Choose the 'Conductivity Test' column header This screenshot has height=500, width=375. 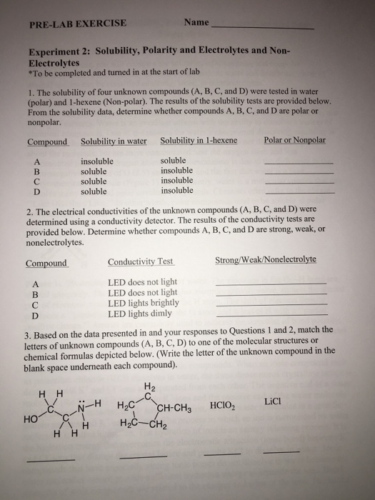(141, 262)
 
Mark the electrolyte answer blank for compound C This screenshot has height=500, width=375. (271, 306)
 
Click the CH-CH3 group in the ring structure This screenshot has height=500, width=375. (174, 409)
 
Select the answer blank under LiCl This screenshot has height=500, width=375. (281, 451)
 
